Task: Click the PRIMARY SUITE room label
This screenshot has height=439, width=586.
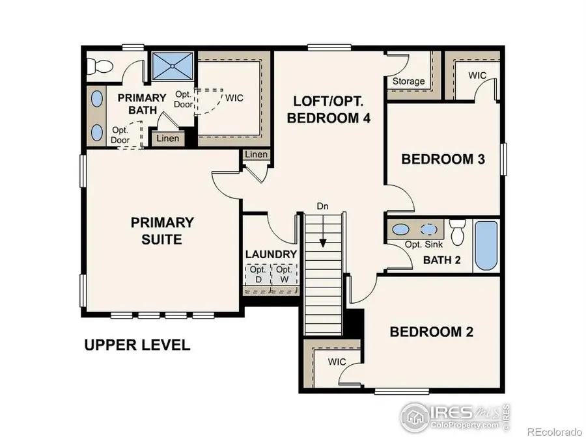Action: point(162,231)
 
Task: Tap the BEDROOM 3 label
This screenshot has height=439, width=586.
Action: point(443,159)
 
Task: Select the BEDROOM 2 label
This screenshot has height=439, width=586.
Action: point(431,332)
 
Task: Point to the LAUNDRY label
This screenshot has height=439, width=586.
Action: point(271,254)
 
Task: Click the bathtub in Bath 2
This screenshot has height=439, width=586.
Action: point(486,245)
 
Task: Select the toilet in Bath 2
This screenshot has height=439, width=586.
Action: point(458,232)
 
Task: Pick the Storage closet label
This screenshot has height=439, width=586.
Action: point(408,82)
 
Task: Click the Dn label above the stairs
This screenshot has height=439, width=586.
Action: point(323,207)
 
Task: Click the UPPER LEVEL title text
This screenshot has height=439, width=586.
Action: point(137,345)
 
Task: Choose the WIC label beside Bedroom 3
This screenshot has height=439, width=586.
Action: point(477,75)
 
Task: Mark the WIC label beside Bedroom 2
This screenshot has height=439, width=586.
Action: point(337,362)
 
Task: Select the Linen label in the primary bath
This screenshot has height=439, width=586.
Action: point(167,138)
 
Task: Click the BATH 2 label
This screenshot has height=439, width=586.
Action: point(442,260)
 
